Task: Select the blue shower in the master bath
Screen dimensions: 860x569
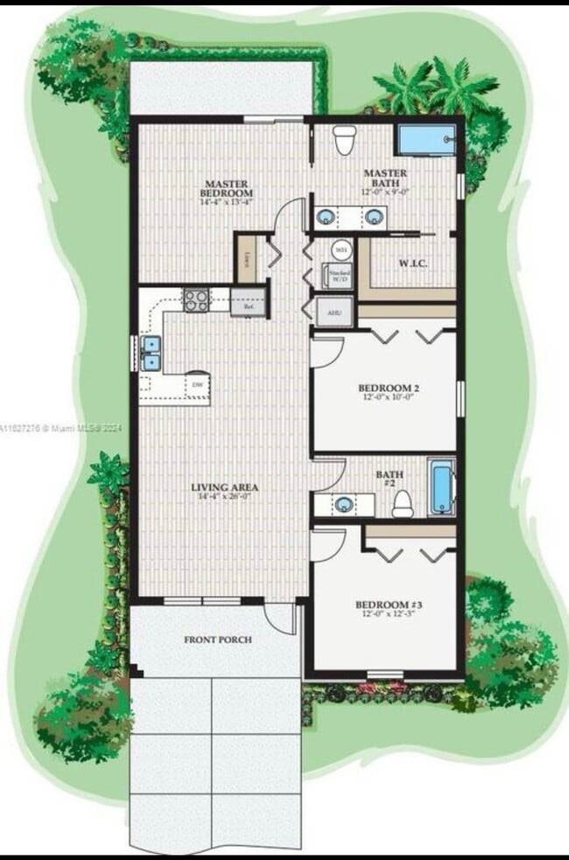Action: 426,140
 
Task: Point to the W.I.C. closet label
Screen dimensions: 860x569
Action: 412,262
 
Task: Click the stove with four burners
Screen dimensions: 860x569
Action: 196,300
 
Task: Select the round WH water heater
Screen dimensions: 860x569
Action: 341,249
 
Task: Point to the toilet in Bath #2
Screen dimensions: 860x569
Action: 402,503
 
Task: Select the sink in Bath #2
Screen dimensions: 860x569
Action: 344,505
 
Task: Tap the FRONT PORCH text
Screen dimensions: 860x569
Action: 218,640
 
